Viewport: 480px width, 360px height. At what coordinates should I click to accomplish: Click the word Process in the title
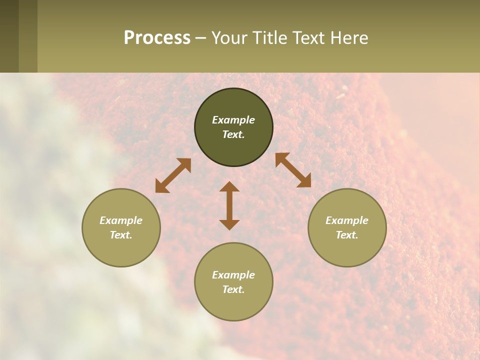point(157,38)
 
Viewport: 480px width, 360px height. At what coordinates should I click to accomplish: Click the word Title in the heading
point(268,38)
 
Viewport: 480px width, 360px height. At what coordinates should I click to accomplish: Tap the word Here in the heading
point(346,38)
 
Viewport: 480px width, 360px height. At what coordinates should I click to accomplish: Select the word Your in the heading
point(230,38)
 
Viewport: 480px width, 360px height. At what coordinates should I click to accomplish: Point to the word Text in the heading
point(307,38)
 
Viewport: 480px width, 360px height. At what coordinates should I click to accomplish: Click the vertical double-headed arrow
point(229,205)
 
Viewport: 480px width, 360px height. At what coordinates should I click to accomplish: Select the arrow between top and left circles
point(173,175)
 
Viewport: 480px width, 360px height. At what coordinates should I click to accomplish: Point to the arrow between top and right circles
point(293,170)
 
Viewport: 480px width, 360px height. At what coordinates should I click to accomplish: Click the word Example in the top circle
point(233,120)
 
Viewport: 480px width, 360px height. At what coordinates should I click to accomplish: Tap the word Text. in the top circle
point(233,134)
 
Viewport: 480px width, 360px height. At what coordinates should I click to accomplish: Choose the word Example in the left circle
point(121,220)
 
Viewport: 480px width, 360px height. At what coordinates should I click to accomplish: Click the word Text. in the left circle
point(121,235)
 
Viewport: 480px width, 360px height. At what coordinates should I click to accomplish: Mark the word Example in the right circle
point(347,220)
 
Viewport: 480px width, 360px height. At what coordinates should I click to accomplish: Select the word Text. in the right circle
point(347,235)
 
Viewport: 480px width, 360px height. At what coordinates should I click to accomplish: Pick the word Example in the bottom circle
point(233,275)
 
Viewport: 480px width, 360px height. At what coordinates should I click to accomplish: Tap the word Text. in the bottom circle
point(233,289)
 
